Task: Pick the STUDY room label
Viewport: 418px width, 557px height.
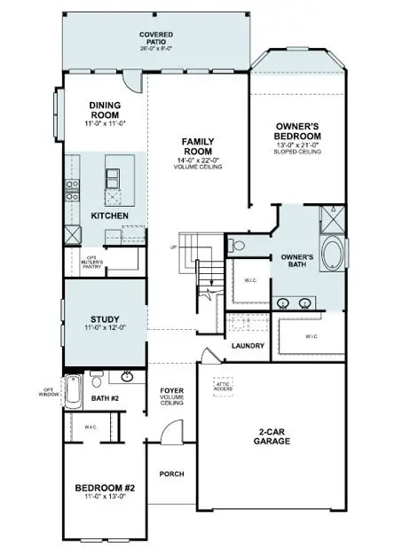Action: (106, 320)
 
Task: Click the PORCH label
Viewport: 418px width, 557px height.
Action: (171, 474)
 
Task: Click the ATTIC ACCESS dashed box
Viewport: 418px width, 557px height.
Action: (221, 386)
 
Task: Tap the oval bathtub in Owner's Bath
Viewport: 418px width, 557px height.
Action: (332, 252)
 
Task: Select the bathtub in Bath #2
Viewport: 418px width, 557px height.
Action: (75, 387)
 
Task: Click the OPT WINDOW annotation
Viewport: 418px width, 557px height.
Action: (49, 391)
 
